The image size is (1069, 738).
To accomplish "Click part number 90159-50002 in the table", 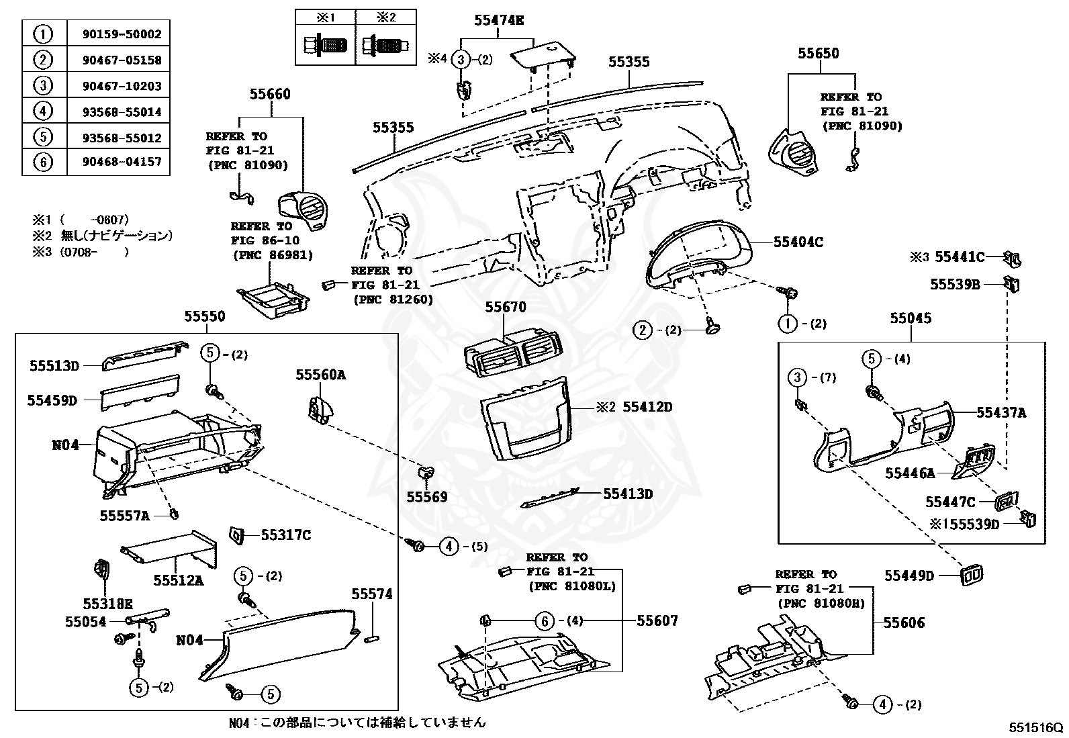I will click(118, 34).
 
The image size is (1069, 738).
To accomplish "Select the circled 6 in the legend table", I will click(43, 163).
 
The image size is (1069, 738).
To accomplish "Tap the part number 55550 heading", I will click(205, 316).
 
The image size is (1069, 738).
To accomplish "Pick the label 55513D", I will click(54, 366).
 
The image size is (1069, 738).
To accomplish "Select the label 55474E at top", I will click(498, 20).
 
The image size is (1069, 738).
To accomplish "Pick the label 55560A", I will click(320, 375).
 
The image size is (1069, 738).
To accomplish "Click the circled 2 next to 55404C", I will click(643, 330).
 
